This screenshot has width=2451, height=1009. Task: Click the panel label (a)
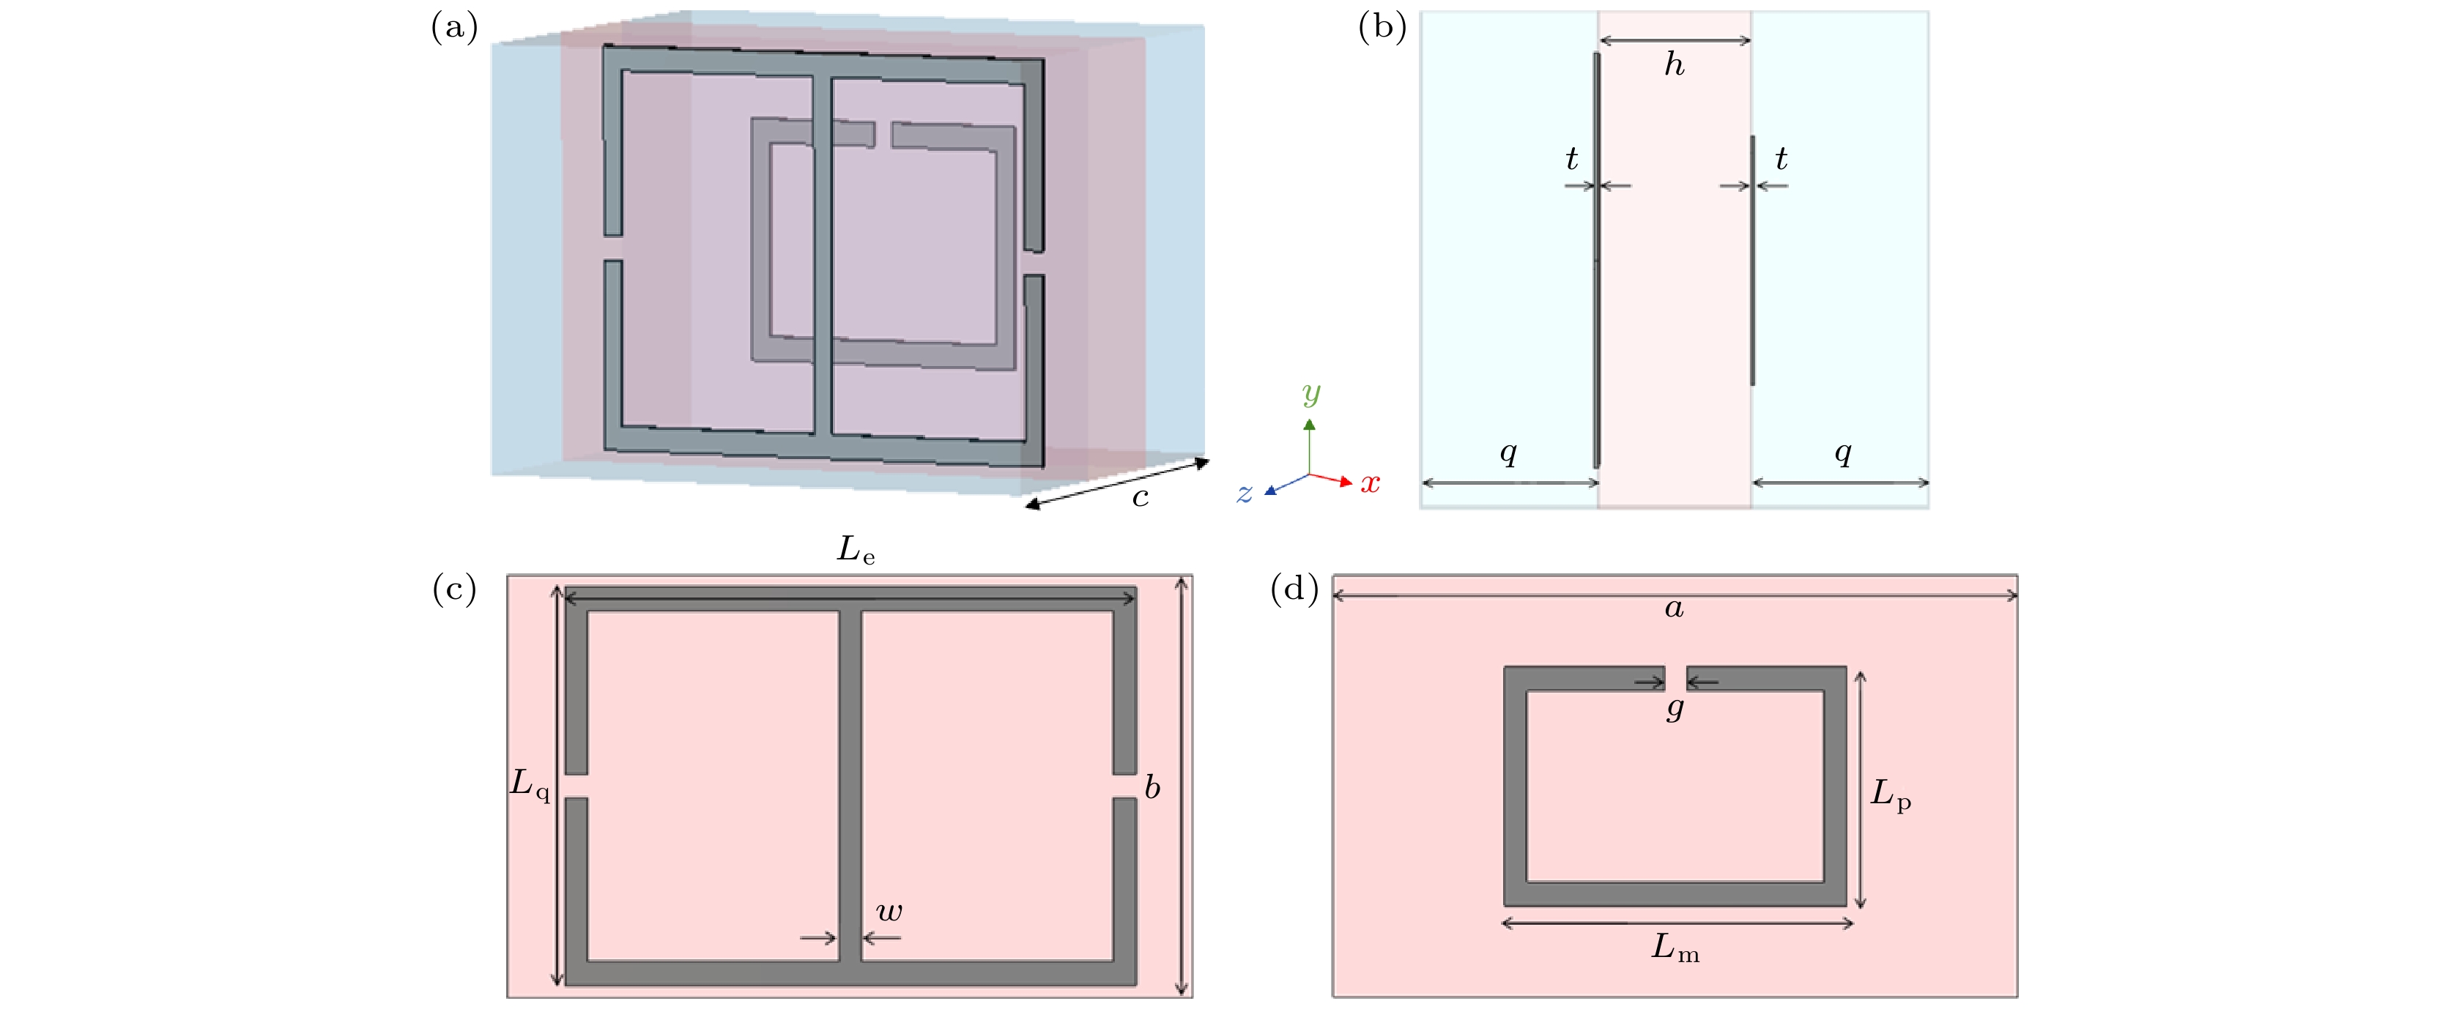click(x=454, y=29)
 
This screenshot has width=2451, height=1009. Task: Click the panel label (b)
click(x=1382, y=29)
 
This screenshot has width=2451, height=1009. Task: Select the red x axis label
click(x=1370, y=483)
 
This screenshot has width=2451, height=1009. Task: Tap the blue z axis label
click(x=1244, y=494)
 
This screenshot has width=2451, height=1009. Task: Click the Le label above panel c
click(x=854, y=551)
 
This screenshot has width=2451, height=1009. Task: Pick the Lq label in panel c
click(x=530, y=784)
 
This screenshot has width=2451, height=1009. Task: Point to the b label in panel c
click(x=1152, y=787)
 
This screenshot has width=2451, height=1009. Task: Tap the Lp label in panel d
click(x=1890, y=794)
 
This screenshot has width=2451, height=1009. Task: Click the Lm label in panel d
click(x=1675, y=948)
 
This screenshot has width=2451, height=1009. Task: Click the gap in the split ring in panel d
click(x=1675, y=678)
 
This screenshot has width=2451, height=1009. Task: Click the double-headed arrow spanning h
click(x=1675, y=41)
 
